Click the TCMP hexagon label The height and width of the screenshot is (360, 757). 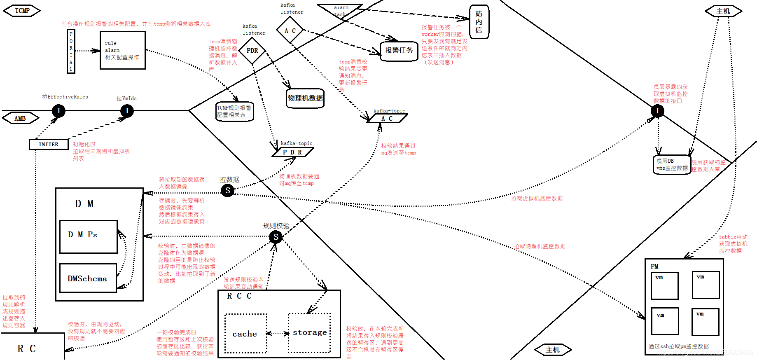pyautogui.click(x=22, y=11)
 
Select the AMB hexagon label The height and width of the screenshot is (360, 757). pyautogui.click(x=20, y=119)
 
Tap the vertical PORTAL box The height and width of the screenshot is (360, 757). pyautogui.click(x=71, y=51)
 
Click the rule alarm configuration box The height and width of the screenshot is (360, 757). pyautogui.click(x=122, y=50)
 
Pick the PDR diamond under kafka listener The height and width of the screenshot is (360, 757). pyautogui.click(x=252, y=51)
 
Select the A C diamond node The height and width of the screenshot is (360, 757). pyautogui.click(x=290, y=30)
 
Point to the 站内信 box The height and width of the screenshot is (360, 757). pyautogui.click(x=479, y=22)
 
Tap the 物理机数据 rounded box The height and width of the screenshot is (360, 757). pyautogui.click(x=305, y=98)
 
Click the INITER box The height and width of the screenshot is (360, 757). pyautogui.click(x=49, y=144)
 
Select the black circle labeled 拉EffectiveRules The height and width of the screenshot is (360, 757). pyautogui.click(x=58, y=110)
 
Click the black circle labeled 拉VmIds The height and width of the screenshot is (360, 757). pyautogui.click(x=127, y=110)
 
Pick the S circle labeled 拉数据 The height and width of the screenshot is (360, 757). pyautogui.click(x=227, y=190)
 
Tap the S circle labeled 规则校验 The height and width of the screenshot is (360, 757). pyautogui.click(x=276, y=237)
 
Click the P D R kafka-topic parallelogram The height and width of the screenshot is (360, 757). pyautogui.click(x=292, y=152)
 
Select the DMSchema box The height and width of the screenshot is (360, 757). pyautogui.click(x=88, y=278)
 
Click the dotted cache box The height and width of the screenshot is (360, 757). pyautogui.click(x=245, y=334)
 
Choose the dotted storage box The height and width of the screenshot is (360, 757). pyautogui.click(x=309, y=332)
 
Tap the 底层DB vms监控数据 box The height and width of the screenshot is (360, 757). pyautogui.click(x=672, y=165)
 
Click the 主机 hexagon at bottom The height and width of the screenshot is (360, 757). pyautogui.click(x=553, y=350)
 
